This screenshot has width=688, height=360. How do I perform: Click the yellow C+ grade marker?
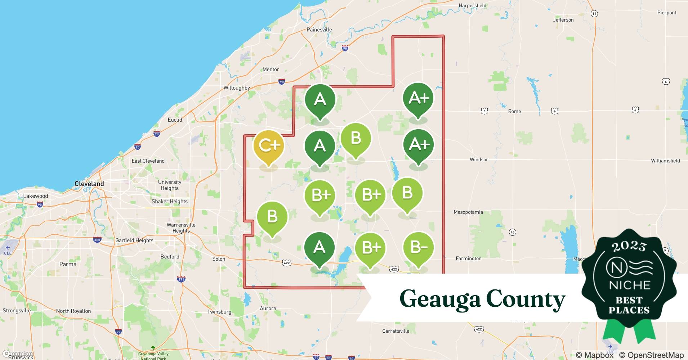[x=269, y=145]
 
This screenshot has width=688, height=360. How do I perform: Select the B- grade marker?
[x=418, y=248]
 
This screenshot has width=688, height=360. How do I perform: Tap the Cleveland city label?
[x=89, y=184]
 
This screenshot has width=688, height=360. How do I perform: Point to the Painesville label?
[x=319, y=30]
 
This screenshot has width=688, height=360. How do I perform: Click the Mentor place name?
[x=271, y=69]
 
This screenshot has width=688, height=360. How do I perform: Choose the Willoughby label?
[x=237, y=88]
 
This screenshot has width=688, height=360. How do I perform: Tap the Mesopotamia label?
[x=468, y=212]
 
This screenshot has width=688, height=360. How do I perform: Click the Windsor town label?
[x=479, y=159]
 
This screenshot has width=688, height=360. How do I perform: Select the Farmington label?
[x=468, y=258]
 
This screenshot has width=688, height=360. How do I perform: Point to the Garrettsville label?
[x=396, y=331]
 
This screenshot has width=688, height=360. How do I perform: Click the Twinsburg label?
[x=219, y=312]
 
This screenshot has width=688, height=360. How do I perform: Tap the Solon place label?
[x=219, y=259]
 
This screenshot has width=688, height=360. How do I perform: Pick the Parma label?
[x=68, y=264]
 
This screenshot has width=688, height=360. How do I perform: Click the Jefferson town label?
[x=563, y=20]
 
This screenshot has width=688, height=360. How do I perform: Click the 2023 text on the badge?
[x=629, y=246]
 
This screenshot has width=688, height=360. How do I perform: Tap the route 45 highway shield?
[x=513, y=232]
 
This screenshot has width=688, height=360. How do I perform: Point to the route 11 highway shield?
[x=594, y=14]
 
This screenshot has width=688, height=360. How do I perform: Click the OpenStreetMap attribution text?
[x=651, y=355]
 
